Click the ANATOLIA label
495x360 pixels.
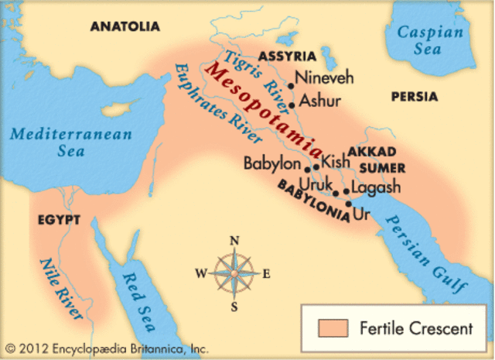tap(125, 26)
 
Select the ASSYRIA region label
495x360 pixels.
tap(287, 57)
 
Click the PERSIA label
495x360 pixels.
tap(414, 97)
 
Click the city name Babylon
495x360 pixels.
tap(271, 164)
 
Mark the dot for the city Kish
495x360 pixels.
tap(316, 166)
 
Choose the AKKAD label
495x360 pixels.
tap(372, 151)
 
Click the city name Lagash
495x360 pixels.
tap(376, 187)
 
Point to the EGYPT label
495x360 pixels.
tap(59, 220)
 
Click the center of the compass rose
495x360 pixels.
tap(234, 273)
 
